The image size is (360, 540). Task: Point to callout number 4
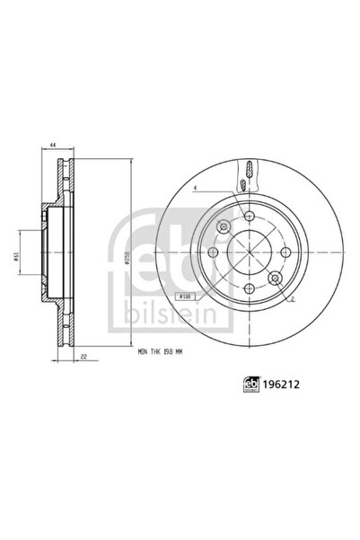[194, 188]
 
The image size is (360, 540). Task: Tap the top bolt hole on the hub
[248, 216]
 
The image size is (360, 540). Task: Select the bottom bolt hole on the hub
[248, 288]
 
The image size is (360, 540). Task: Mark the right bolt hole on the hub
[285, 252]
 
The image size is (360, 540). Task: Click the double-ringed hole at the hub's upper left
[222, 226]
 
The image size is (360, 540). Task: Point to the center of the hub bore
[248, 252]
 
